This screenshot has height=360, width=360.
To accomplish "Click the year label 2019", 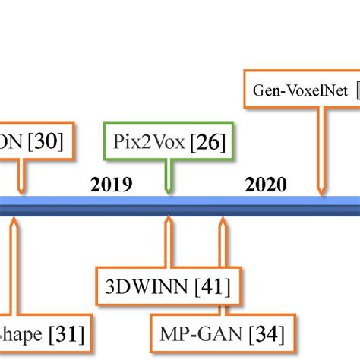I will [111, 185].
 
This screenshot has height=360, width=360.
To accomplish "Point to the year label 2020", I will [266, 185].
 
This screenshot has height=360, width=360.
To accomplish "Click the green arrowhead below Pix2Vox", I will [168, 188].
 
